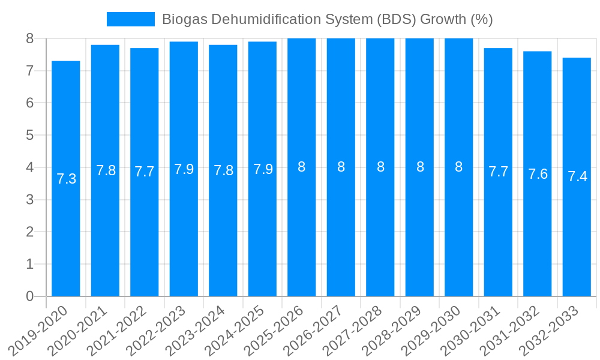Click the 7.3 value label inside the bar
[66, 179]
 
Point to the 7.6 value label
[538, 174]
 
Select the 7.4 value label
[577, 177]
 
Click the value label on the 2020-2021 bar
[106, 170]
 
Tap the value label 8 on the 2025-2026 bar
[302, 167]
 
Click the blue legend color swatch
[130, 19]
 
